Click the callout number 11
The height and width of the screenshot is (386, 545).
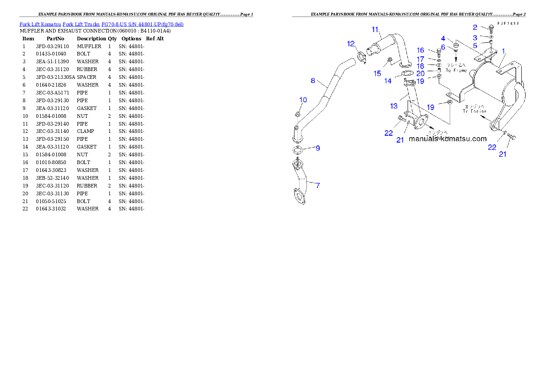[x=375, y=30]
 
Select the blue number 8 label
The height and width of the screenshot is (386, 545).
[x=313, y=81]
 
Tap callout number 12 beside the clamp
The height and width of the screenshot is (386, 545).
[x=351, y=44]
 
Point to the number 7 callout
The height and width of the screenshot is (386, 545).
[x=317, y=185]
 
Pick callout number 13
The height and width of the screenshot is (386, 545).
[x=394, y=106]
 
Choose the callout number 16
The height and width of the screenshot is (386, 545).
[x=420, y=50]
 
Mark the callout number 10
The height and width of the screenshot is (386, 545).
[x=303, y=100]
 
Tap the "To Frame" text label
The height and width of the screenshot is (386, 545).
[x=456, y=70]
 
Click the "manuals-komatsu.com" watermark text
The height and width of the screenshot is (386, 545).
[x=447, y=139]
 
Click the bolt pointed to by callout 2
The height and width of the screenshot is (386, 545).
[x=491, y=28]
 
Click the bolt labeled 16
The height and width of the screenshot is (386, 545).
[x=439, y=51]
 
